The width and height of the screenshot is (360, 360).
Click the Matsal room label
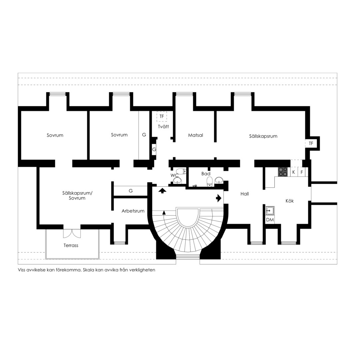[x=195, y=135]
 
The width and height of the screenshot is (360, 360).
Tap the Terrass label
[x=71, y=245]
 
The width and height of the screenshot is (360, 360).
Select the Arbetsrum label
[x=133, y=211]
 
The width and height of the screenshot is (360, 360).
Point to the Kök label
[x=290, y=201]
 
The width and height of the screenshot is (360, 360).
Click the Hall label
[x=245, y=194]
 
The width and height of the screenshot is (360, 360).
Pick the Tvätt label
[x=163, y=127]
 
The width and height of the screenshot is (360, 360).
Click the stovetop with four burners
[x=283, y=172]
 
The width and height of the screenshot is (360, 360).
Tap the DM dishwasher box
[x=270, y=220]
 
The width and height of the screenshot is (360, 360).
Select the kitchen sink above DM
[x=270, y=210]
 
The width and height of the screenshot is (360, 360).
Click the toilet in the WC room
[x=182, y=171]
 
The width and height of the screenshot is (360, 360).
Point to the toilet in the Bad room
[x=210, y=181]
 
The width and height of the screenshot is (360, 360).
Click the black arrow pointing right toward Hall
[x=219, y=198]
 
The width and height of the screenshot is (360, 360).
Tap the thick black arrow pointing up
[x=162, y=190]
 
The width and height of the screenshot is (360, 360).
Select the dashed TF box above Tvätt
[x=162, y=116]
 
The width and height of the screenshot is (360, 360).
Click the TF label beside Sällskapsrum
[x=311, y=143]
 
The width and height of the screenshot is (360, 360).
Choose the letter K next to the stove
[x=293, y=172]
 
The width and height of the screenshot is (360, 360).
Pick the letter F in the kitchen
[x=302, y=172]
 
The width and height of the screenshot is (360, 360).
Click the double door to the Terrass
[x=72, y=233]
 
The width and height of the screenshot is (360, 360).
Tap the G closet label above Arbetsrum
[x=131, y=191]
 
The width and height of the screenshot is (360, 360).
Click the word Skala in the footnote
[x=88, y=270]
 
